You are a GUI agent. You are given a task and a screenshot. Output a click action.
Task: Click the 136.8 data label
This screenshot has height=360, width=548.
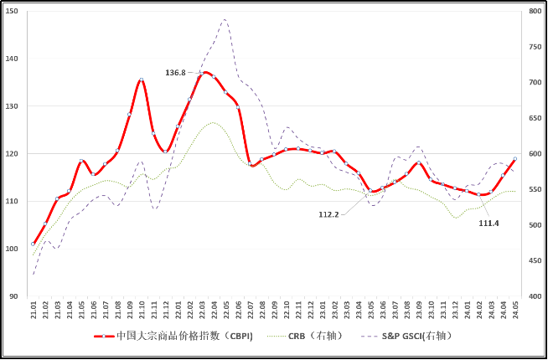pyautogui.click(x=175, y=73)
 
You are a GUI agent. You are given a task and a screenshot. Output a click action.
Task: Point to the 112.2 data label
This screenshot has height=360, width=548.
pyautogui.click(x=328, y=214)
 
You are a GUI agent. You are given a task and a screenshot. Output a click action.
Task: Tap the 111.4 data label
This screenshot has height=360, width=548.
pyautogui.click(x=489, y=224)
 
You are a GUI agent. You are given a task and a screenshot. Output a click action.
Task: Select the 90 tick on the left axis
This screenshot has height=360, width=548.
pyautogui.click(x=13, y=296)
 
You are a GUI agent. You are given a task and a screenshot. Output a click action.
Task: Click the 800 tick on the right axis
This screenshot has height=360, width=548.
pyautogui.click(x=535, y=12)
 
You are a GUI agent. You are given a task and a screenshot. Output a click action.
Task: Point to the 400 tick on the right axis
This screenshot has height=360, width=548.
pyautogui.click(x=535, y=296)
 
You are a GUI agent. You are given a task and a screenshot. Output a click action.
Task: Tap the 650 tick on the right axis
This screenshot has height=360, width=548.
pyautogui.click(x=535, y=119)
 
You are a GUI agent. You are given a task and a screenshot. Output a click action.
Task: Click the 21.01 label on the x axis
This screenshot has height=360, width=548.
pyautogui.click(x=34, y=311)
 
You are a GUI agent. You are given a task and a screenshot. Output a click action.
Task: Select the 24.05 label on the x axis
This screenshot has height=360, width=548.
pyautogui.click(x=515, y=311)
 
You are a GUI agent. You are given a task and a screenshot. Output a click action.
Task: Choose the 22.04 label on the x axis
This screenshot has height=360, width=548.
pyautogui.click(x=215, y=311)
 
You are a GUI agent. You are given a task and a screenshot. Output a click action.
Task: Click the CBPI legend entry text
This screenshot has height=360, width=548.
pyautogui.click(x=184, y=336)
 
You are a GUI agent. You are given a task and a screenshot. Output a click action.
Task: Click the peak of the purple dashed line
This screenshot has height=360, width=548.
pyautogui.click(x=225, y=19)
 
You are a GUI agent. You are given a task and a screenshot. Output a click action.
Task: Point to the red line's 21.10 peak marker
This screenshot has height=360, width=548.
pyautogui.click(x=142, y=80)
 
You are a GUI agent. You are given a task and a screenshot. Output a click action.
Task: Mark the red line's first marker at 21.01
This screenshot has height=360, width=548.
pyautogui.click(x=34, y=244)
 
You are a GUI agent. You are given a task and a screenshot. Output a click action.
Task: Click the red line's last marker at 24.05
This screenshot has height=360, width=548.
pyautogui.click(x=515, y=158)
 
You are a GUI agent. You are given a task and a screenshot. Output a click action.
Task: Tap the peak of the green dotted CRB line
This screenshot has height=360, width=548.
pyautogui.click(x=213, y=123)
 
